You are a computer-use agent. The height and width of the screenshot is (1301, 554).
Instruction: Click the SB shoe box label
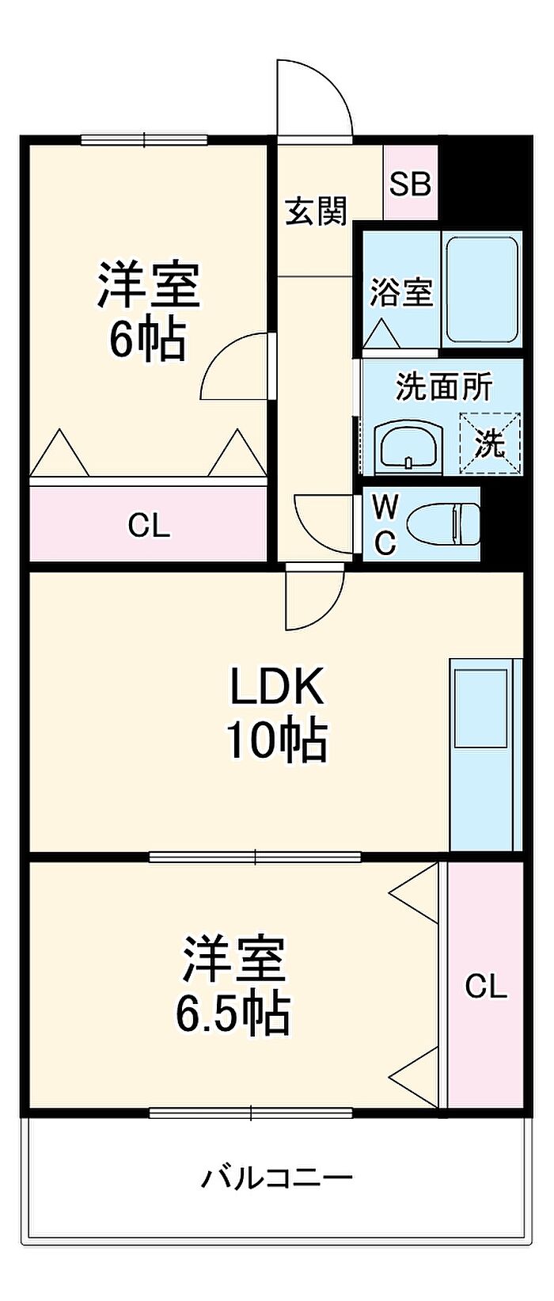point(410,184)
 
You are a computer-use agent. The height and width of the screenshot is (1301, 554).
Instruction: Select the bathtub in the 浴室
point(481,289)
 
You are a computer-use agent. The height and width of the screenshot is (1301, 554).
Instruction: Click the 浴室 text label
point(401,292)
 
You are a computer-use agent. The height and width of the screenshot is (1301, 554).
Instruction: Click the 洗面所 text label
point(444,386)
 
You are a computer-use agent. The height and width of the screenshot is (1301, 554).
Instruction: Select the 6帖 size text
point(147,340)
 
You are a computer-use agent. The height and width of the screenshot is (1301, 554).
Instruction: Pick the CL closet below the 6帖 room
point(150,525)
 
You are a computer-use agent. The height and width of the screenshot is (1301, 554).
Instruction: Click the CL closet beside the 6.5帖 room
point(485,987)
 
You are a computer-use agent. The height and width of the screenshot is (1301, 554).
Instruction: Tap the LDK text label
point(276,687)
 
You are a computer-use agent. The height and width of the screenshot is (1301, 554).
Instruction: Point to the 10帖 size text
point(276,740)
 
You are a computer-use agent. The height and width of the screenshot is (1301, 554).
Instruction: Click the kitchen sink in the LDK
point(481,707)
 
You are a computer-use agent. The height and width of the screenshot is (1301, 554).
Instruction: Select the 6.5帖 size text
point(232,1012)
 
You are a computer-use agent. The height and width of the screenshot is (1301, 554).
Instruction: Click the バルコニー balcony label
point(276,1177)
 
